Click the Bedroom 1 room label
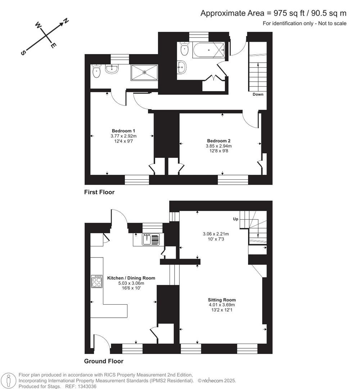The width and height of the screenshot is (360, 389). click(x=123, y=130)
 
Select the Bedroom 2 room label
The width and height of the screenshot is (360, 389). click(x=219, y=140)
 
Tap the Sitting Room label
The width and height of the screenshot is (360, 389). click(x=221, y=300)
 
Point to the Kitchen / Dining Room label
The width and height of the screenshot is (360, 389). click(x=131, y=278)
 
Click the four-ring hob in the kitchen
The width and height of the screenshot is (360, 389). click(x=97, y=281)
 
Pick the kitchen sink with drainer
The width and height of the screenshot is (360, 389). click(x=150, y=239)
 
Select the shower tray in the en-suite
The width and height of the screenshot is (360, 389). click(x=144, y=72)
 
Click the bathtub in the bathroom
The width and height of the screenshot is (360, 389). click(x=208, y=49)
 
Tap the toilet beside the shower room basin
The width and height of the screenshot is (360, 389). click(x=96, y=71)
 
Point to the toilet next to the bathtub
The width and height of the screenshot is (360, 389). click(x=184, y=49)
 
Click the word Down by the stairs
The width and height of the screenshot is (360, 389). click(x=258, y=94)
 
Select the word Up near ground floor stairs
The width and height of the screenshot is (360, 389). click(x=236, y=219)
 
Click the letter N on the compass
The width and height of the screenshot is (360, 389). click(x=66, y=21)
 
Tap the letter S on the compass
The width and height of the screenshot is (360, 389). click(x=23, y=53)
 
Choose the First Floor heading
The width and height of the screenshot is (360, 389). click(x=99, y=192)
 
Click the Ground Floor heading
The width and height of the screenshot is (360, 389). click(x=104, y=361)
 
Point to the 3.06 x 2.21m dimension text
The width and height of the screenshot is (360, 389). click(x=216, y=234)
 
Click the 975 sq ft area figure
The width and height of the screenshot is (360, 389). click(x=280, y=13)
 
